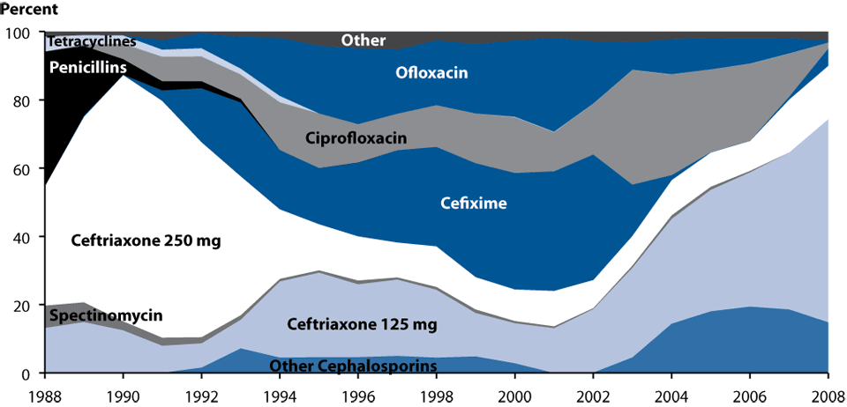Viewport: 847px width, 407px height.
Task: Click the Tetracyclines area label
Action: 92,41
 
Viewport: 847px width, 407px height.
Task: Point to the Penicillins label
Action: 86,67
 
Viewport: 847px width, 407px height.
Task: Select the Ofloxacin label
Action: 431,74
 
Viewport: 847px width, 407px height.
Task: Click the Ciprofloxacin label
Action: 355,138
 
